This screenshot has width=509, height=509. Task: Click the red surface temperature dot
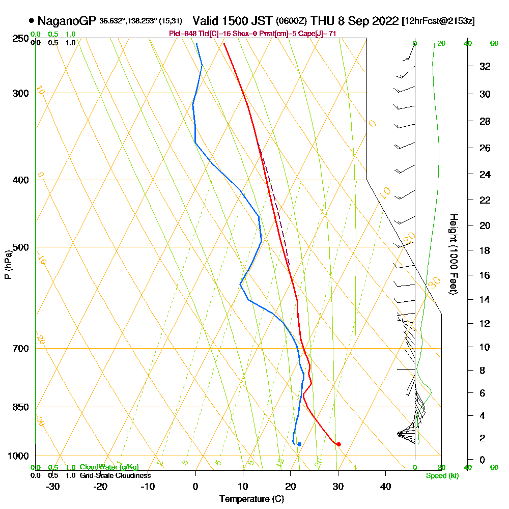pos(338,444)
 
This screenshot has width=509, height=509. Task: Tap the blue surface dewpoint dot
pos(299,444)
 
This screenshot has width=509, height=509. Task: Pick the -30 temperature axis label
pos(53,486)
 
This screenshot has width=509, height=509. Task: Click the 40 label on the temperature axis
pos(385,486)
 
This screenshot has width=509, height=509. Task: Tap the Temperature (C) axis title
pos(251,499)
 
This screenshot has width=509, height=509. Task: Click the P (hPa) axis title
pos(8,264)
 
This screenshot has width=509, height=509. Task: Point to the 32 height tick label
pos(485,66)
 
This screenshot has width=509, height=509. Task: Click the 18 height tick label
pos(485,250)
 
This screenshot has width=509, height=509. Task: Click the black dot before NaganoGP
pos(32,21)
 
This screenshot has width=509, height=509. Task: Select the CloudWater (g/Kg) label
pos(109,467)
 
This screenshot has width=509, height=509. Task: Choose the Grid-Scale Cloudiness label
pos(115,475)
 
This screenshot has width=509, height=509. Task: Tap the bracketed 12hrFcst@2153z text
pos(438,21)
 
